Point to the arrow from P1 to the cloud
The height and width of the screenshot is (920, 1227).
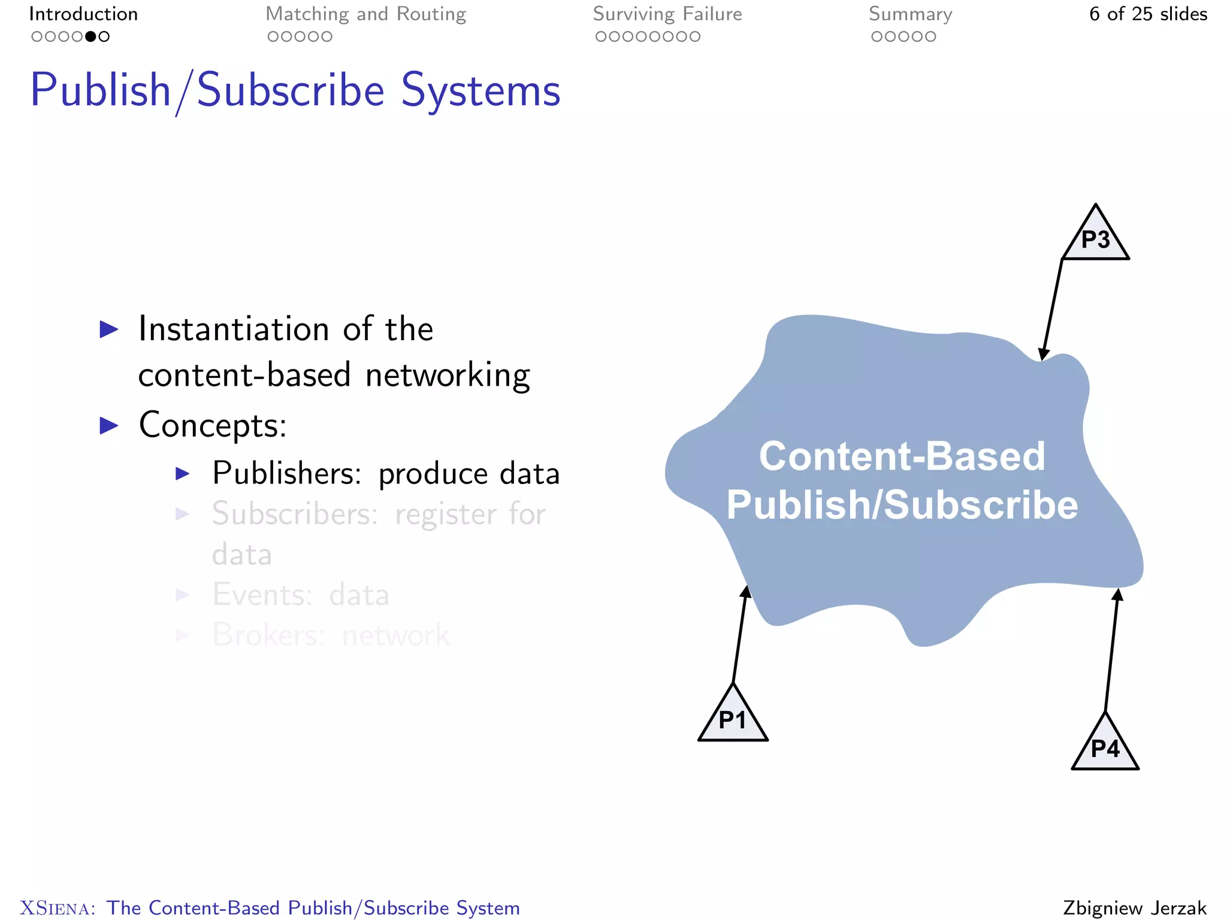[740, 635]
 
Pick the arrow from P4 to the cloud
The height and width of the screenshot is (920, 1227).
[1111, 650]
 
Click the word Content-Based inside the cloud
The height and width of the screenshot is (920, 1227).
[902, 456]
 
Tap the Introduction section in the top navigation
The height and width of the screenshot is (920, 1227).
[83, 14]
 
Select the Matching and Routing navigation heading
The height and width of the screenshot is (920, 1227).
[365, 14]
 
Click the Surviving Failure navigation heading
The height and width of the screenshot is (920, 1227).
[667, 14]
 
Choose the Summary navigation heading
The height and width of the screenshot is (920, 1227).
[910, 14]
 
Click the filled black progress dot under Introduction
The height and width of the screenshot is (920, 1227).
[90, 37]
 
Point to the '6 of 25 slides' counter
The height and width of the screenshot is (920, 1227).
[1148, 14]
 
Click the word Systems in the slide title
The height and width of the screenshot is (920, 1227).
[480, 90]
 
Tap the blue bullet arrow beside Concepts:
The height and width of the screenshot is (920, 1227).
[108, 425]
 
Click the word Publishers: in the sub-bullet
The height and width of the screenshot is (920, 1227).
[286, 473]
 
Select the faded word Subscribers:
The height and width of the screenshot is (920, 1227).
[294, 514]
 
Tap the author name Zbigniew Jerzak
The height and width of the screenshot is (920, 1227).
[1135, 907]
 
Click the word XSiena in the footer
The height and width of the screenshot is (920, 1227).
[57, 908]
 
